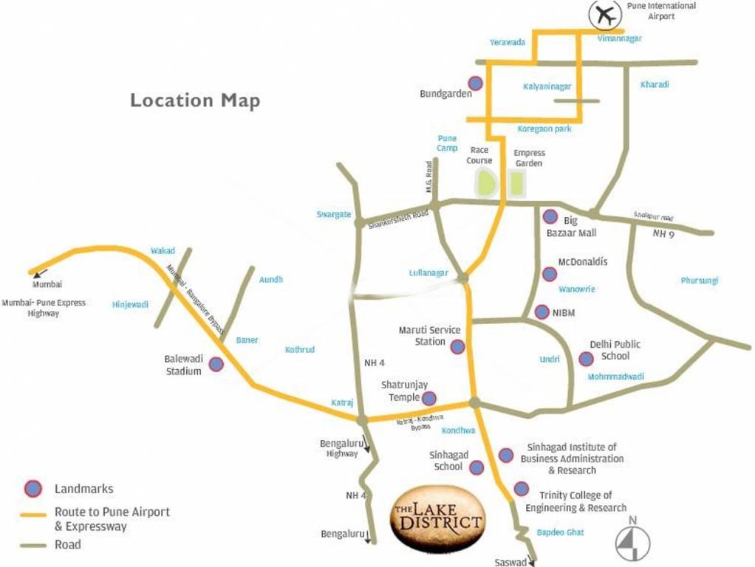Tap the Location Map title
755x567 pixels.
click(195, 100)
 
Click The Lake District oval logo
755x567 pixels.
click(437, 519)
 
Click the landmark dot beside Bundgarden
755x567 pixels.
click(476, 83)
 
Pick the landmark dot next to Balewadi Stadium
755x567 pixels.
click(216, 364)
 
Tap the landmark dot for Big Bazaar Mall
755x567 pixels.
click(550, 216)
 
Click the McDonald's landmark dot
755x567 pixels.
click(549, 274)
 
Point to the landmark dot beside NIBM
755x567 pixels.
click(542, 312)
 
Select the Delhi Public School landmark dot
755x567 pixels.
click(586, 359)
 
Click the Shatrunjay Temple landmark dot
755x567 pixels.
click(428, 399)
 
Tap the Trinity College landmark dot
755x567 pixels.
click(521, 488)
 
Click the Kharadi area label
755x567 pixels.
click(655, 84)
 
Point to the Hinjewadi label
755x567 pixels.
click(130, 304)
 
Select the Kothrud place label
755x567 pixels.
click(300, 349)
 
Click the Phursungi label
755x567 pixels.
click(699, 281)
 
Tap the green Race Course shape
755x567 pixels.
click(485, 183)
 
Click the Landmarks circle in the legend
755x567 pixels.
click(33, 488)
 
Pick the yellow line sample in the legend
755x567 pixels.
click(33, 514)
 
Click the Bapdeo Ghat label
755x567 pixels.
click(560, 532)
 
